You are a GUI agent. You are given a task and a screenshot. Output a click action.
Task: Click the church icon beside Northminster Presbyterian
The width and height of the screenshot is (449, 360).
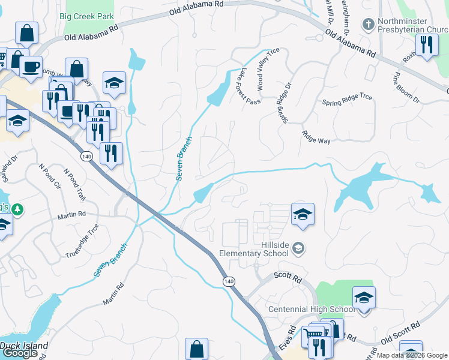coord(369,25)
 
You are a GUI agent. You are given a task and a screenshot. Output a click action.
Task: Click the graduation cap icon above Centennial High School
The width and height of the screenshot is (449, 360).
coord(364,298)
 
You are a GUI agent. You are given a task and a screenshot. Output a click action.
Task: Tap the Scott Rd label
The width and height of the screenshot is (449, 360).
coord(287,277)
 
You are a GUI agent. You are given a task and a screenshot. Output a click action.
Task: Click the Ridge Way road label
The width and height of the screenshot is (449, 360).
coord(316,137)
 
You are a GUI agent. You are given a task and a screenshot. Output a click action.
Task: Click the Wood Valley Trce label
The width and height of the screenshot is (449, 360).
coord(268,71)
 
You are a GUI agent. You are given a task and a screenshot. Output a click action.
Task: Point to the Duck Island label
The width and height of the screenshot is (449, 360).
coord(20,345)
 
